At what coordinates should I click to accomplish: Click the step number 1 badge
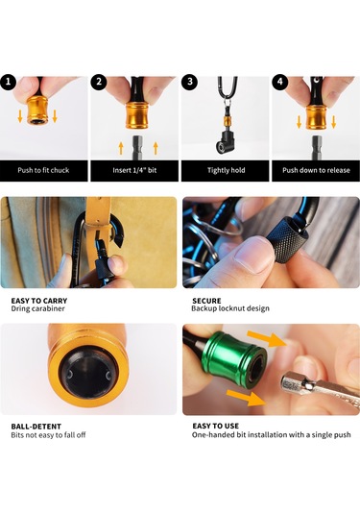click(x=8, y=82)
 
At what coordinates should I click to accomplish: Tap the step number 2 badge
click(x=99, y=82)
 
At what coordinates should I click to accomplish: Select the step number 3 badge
click(x=190, y=82)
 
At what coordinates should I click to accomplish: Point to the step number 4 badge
click(x=280, y=82)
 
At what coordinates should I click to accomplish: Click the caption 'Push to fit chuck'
click(x=43, y=170)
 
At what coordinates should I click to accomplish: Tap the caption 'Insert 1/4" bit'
click(x=134, y=170)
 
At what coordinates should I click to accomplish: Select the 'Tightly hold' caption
click(x=226, y=170)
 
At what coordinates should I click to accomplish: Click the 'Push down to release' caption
click(x=316, y=170)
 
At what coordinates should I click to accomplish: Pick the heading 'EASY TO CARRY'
click(x=39, y=301)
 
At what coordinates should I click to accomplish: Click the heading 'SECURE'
click(x=206, y=301)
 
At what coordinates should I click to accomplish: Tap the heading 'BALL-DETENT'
click(x=36, y=427)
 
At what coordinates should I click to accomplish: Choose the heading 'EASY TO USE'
click(x=216, y=427)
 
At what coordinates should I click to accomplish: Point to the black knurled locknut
click(x=288, y=239)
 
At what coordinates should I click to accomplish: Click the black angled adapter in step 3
click(x=225, y=142)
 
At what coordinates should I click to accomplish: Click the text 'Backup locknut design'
click(x=230, y=308)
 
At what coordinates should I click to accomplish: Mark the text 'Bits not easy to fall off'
click(x=49, y=435)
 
